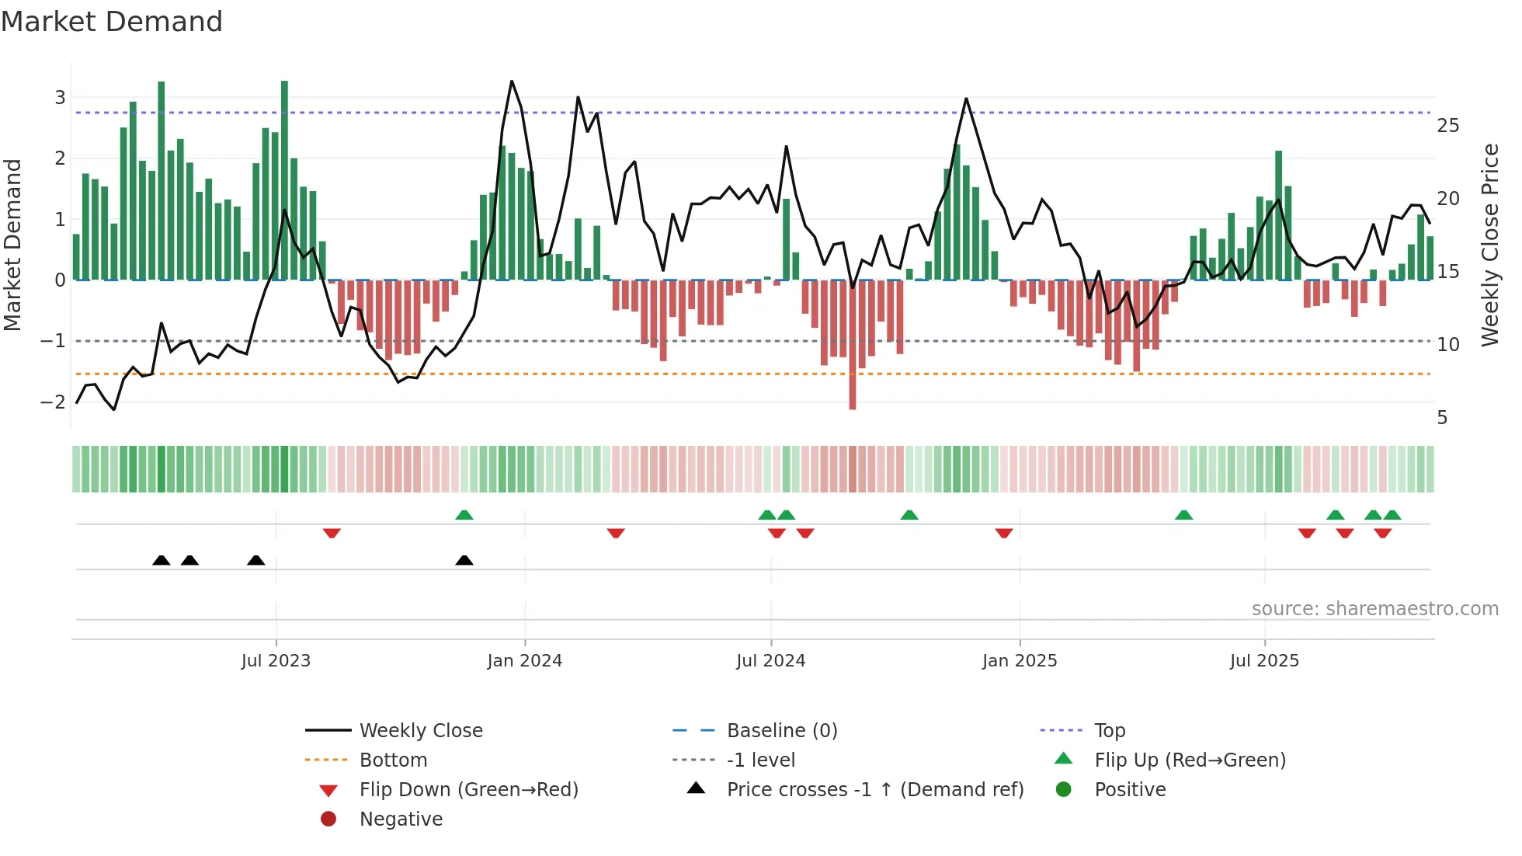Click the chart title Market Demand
click(x=112, y=22)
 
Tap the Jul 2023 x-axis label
click(x=276, y=661)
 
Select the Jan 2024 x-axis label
click(x=524, y=661)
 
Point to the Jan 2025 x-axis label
click(x=1019, y=661)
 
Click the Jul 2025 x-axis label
click(x=1264, y=661)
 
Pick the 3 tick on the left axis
click(x=60, y=98)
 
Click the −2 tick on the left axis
click(x=53, y=402)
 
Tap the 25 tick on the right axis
click(x=1447, y=126)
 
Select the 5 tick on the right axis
click(x=1442, y=418)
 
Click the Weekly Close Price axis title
click(x=1489, y=245)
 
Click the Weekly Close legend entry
click(x=420, y=731)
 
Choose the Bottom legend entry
click(x=393, y=760)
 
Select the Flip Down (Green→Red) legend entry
click(x=468, y=790)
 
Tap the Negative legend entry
click(x=401, y=819)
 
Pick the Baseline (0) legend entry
click(x=781, y=731)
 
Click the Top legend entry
click(x=1110, y=731)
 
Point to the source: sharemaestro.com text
click(x=1374, y=609)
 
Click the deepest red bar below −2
click(x=853, y=388)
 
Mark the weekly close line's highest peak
click(x=512, y=82)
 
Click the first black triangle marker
click(x=162, y=560)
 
